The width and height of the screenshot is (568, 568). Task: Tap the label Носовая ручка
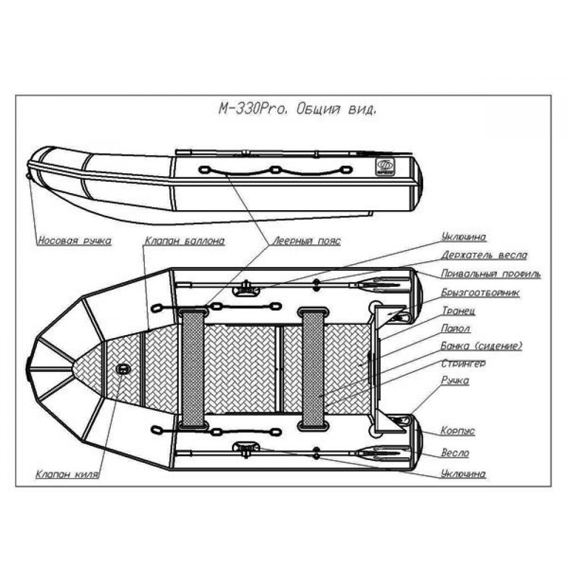74,241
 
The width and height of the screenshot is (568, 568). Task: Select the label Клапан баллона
185,241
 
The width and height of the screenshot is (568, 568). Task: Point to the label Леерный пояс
307,241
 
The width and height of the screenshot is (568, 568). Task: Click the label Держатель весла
484,255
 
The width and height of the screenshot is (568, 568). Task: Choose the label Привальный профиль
491,274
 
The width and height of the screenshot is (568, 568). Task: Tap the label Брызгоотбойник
481,293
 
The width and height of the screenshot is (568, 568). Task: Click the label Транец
458,311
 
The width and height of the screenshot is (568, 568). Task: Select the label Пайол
456,328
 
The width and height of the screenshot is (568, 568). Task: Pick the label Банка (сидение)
482,346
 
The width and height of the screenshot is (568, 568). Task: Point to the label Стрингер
463,364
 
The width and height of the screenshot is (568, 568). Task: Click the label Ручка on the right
455,381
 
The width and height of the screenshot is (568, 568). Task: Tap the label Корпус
458,431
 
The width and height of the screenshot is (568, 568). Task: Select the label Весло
455,453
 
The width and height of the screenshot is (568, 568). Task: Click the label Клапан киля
68,474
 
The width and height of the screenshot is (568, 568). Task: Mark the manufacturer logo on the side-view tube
386,167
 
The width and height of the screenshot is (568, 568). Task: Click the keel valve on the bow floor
123,369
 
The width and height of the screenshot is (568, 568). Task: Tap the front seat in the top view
193,368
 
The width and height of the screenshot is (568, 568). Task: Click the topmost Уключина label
463,237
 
